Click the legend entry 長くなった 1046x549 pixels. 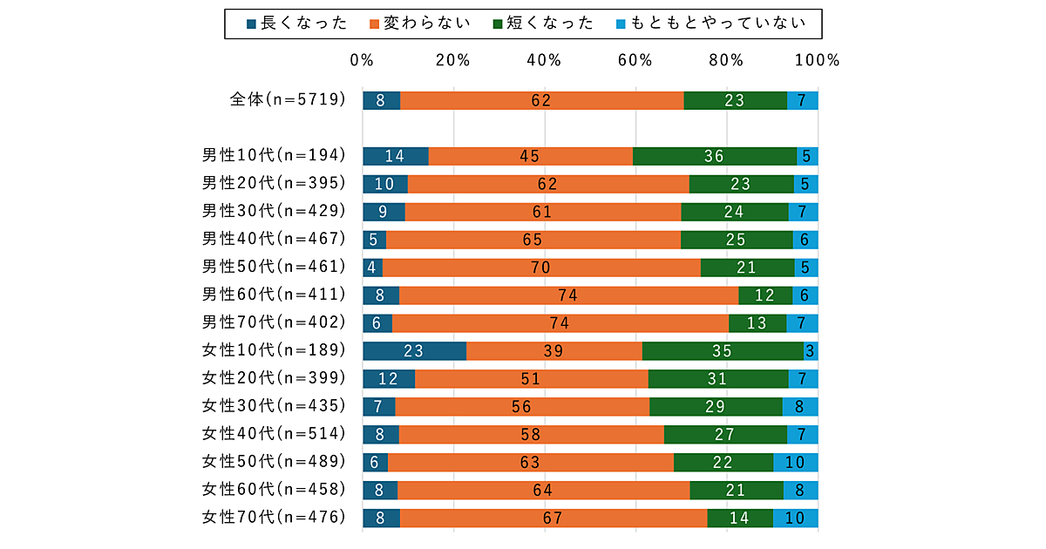pyautogui.click(x=296, y=24)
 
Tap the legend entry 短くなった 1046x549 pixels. pyautogui.click(x=543, y=24)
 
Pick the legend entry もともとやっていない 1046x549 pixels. pyautogui.click(x=703, y=24)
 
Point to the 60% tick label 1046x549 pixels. pyautogui.click(x=635, y=60)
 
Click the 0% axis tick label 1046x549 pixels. pyautogui.click(x=362, y=60)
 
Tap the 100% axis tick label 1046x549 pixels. pyautogui.click(x=817, y=60)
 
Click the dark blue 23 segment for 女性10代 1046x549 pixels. pyautogui.click(x=414, y=351)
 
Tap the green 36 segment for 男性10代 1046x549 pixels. pyautogui.click(x=715, y=156)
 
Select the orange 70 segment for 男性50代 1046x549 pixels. pyautogui.click(x=541, y=268)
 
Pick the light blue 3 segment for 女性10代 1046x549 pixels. pyautogui.click(x=811, y=351)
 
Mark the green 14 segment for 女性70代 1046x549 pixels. pyautogui.click(x=740, y=518)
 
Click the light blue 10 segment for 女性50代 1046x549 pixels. pyautogui.click(x=796, y=463)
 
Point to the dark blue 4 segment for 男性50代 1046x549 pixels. pyautogui.click(x=372, y=268)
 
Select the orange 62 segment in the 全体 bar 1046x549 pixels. pyautogui.click(x=541, y=100)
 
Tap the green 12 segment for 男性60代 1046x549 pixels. pyautogui.click(x=765, y=295)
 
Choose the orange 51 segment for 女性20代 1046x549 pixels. pyautogui.click(x=531, y=379)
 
